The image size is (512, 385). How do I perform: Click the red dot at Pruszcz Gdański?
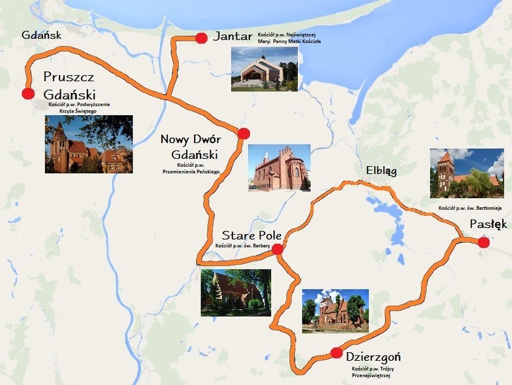coord(27,93)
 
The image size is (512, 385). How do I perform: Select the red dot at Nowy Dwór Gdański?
coord(244,134)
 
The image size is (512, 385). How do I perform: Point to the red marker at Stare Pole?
coord(277,248)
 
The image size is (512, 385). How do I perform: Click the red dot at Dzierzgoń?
coord(336,353)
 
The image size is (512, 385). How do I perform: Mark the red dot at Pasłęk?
coord(483,243)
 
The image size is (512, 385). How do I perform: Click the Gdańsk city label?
coord(41,35)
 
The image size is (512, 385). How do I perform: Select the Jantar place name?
coord(232,37)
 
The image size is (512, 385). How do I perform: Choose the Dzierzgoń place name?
coord(373,357)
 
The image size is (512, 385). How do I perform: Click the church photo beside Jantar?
coord(264,69)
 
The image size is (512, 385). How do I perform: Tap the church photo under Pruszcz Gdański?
coord(89,144)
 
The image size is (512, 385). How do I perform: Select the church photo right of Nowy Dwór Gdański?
coord(280,167)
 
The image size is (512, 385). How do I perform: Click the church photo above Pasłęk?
coord(467,173)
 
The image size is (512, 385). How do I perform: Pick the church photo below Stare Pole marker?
coord(236,292)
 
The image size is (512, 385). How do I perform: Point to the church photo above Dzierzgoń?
coord(335,310)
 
